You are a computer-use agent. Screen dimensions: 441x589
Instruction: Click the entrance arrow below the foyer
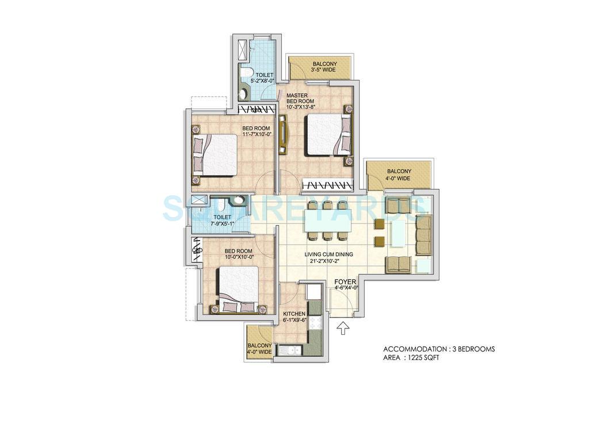click(343, 328)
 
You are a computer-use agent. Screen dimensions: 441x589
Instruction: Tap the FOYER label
click(347, 281)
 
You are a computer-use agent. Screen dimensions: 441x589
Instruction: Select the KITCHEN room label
click(294, 314)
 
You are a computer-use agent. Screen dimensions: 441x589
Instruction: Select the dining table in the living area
click(327, 219)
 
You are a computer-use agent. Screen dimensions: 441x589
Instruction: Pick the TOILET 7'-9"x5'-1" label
click(222, 220)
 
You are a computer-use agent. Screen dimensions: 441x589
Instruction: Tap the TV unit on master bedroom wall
click(283, 134)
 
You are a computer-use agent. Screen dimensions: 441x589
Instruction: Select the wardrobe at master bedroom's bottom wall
click(327, 185)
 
